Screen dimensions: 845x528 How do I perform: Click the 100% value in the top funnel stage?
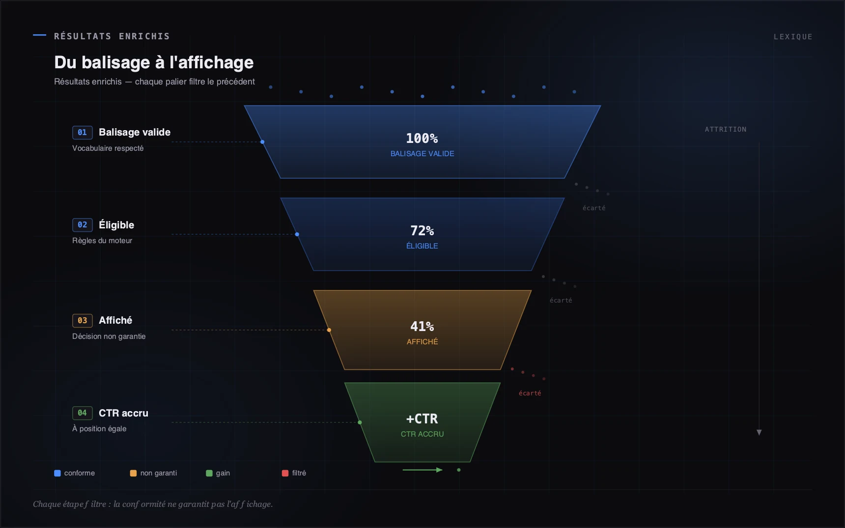tap(422, 139)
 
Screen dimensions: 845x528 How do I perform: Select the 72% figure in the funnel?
tap(422, 231)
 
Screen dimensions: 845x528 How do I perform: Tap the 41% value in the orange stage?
tap(422, 327)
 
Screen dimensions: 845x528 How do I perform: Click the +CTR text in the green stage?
tap(422, 419)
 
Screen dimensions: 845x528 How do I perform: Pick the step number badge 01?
tap(83, 133)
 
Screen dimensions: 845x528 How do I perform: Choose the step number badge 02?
tap(83, 225)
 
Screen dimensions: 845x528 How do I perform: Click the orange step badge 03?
tap(83, 321)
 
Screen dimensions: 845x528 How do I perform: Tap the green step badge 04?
tap(83, 413)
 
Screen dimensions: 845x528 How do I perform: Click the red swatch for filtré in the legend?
tap(285, 473)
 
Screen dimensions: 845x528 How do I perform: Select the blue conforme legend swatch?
tap(57, 473)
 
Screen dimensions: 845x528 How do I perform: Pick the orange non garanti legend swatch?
tap(133, 473)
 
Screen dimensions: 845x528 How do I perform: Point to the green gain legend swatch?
tap(209, 473)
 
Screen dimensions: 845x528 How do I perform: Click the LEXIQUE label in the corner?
tap(793, 37)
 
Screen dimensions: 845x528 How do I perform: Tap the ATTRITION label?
tap(726, 130)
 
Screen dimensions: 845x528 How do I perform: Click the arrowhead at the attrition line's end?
tap(759, 433)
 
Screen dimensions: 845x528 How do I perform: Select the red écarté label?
tap(530, 393)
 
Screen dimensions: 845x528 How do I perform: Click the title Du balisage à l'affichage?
tap(154, 62)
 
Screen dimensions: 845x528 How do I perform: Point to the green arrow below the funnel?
tap(422, 470)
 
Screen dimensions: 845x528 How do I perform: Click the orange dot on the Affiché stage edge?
tap(329, 330)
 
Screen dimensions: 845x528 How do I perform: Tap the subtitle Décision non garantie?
tap(109, 336)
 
